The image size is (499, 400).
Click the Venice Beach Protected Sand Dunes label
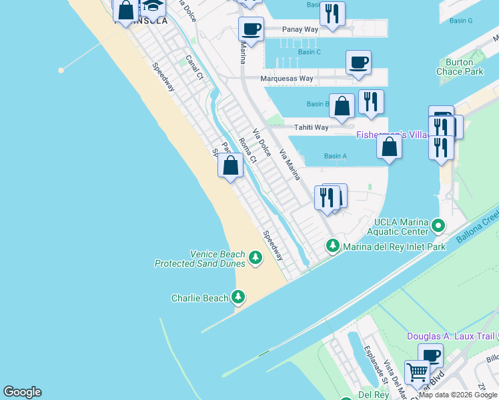200,259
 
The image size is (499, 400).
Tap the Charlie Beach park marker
238,297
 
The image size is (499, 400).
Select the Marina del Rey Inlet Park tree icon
332,247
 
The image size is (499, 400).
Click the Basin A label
335,156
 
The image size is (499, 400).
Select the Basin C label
310,52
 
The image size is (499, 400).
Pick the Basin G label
461,21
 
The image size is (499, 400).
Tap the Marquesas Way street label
288,79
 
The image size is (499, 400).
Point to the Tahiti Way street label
312,127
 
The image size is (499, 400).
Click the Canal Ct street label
194,67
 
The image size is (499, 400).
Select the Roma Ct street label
247,150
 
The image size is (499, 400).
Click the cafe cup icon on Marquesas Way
358,63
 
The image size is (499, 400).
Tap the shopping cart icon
417,371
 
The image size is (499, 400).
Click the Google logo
22,392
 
